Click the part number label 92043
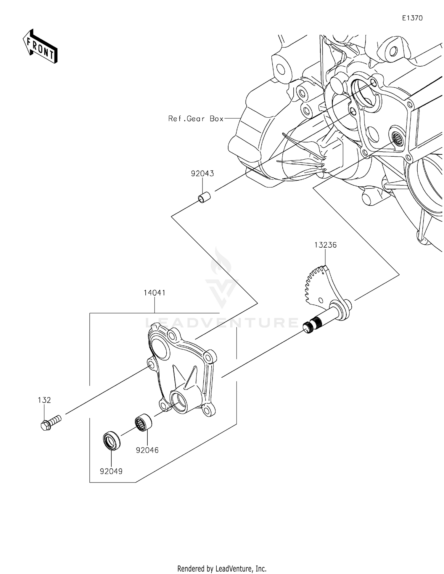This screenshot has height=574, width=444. pos(202,174)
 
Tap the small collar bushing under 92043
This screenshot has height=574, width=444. pos(204,198)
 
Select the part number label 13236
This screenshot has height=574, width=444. pos(325,245)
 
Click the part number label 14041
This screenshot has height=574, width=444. pos(155,293)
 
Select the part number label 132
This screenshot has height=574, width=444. pos(44,400)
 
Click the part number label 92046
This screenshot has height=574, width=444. pos(147,450)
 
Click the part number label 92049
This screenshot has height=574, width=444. pos(111,471)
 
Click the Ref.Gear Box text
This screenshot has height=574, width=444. pos(196,119)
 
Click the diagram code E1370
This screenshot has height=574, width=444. pos(412,18)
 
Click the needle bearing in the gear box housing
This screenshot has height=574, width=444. pos(397,138)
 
